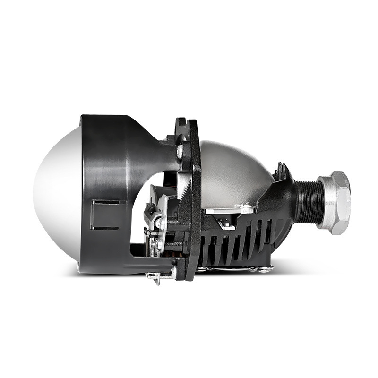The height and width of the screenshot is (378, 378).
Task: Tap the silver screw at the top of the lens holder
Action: coord(180,151)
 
